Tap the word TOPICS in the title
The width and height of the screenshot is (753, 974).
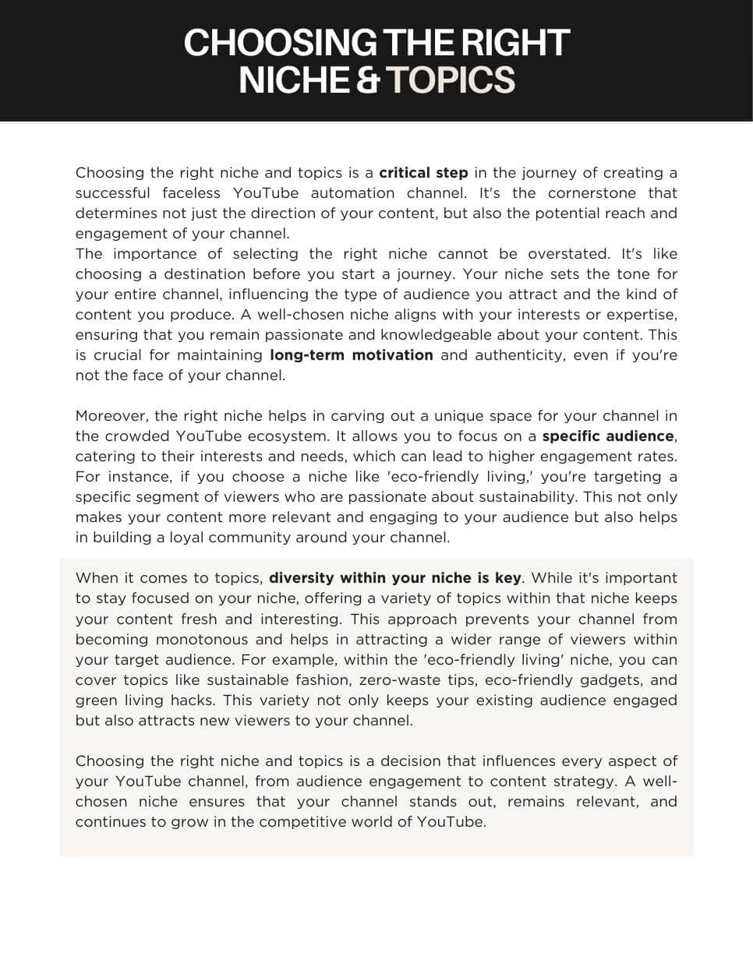(x=451, y=80)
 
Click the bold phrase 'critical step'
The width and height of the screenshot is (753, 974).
(x=423, y=172)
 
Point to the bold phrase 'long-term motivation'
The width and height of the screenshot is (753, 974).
(x=351, y=355)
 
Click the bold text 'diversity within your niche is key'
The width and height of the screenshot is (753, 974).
(x=394, y=577)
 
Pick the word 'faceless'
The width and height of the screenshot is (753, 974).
(x=192, y=192)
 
